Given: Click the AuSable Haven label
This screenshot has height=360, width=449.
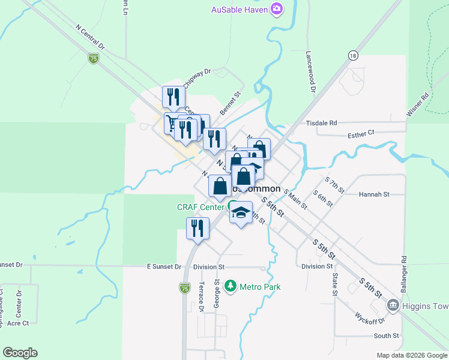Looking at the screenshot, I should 239,9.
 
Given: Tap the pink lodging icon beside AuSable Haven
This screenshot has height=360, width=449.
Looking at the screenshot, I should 276,8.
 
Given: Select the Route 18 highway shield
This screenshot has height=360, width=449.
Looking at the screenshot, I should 352,55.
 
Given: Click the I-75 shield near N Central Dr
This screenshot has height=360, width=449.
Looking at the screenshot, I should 93,58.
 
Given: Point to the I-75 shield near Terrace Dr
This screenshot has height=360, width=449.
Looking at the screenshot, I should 186,289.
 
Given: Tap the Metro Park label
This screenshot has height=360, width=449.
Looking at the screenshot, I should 260,287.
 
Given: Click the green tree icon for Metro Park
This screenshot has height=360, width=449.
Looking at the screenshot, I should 229,286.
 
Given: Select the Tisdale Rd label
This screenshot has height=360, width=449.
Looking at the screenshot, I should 322,123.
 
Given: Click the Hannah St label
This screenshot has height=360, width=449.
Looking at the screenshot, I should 374,194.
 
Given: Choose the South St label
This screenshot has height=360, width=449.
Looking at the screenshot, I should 386,336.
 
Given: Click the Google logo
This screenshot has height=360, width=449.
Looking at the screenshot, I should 20,353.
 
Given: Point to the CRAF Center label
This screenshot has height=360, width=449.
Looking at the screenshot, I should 200,208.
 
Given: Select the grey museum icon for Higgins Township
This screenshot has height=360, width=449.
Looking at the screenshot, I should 393,306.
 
